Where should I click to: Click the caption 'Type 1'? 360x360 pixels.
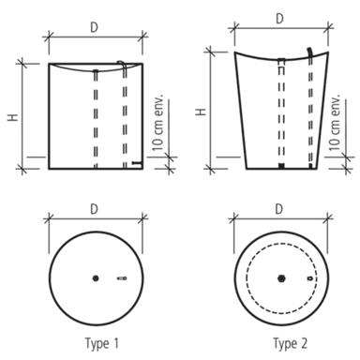point(102,343)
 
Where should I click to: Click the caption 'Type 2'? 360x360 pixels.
point(291,343)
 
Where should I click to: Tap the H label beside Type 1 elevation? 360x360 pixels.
point(13,117)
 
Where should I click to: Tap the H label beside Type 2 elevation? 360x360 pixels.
point(201,112)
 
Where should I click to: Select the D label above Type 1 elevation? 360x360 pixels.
point(94,27)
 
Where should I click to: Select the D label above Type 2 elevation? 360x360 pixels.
point(279,19)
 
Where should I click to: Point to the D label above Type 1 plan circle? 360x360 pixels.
point(94,209)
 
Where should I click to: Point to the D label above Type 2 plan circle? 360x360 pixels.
point(279,208)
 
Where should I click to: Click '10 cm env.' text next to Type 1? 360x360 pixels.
point(157,122)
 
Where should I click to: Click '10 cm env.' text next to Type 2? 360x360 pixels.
point(334,122)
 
